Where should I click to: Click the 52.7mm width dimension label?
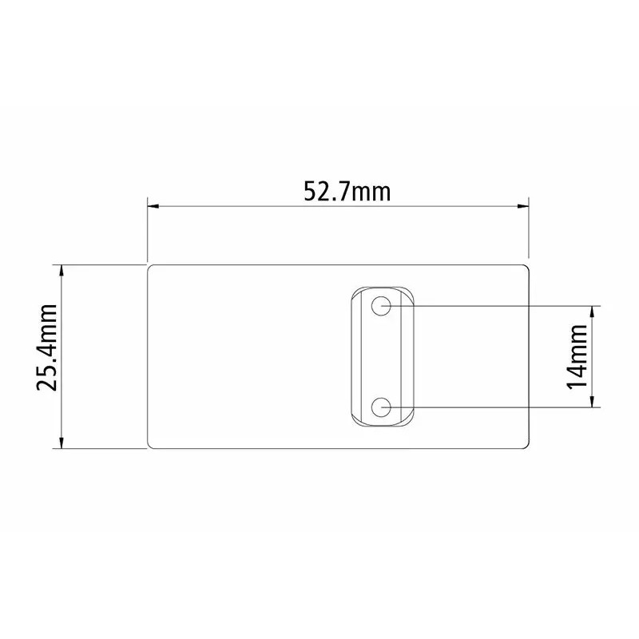pyautogui.click(x=347, y=192)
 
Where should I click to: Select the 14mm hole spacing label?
pyautogui.click(x=577, y=357)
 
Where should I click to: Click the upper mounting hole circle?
pyautogui.click(x=381, y=306)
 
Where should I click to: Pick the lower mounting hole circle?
pyautogui.click(x=381, y=407)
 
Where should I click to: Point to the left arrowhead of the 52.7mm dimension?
pyautogui.click(x=153, y=207)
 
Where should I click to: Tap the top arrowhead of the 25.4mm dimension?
pyautogui.click(x=62, y=271)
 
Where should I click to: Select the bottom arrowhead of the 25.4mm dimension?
pyautogui.click(x=62, y=443)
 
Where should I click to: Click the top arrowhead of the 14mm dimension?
pyautogui.click(x=593, y=312)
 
